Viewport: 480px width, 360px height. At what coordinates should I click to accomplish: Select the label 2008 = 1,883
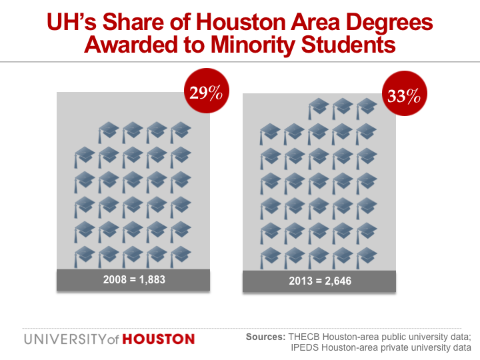(134, 280)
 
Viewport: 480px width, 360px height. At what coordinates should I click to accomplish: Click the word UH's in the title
(73, 23)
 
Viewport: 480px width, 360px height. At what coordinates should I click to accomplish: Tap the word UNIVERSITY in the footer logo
(63, 339)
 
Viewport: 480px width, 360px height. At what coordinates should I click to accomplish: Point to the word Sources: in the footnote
(265, 336)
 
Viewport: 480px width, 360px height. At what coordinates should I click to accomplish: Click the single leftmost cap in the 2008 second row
(85, 155)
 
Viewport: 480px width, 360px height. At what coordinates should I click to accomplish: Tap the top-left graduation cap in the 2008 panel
(109, 129)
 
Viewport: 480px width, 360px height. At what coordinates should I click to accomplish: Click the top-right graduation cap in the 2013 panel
(366, 106)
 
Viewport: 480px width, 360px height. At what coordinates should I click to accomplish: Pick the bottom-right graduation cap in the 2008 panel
(181, 255)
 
